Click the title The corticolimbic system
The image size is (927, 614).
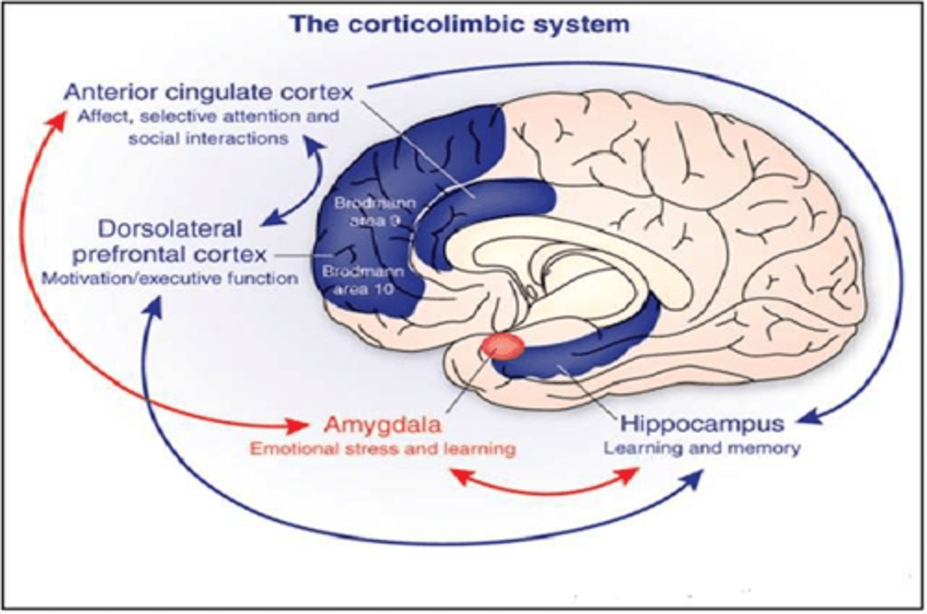tap(459, 24)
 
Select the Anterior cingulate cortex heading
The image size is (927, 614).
tap(209, 91)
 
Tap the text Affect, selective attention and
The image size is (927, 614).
tap(208, 117)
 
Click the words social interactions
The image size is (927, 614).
tap(208, 139)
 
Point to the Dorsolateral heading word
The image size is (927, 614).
tap(170, 229)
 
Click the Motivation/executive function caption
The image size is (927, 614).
tap(170, 278)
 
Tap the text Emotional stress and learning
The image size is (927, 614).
tap(382, 448)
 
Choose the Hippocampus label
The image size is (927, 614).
tap(702, 423)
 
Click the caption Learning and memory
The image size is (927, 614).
tap(702, 448)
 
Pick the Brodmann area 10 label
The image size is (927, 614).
tap(364, 280)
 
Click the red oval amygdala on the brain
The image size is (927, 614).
tap(503, 346)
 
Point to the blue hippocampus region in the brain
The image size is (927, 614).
tap(579, 358)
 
